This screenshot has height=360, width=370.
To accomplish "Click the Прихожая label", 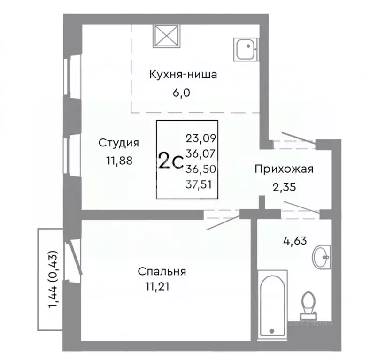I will pyautogui.click(x=284, y=169).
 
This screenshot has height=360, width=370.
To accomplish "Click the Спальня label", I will pyautogui.click(x=162, y=271).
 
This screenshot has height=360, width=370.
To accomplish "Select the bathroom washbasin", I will pyautogui.click(x=322, y=257).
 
